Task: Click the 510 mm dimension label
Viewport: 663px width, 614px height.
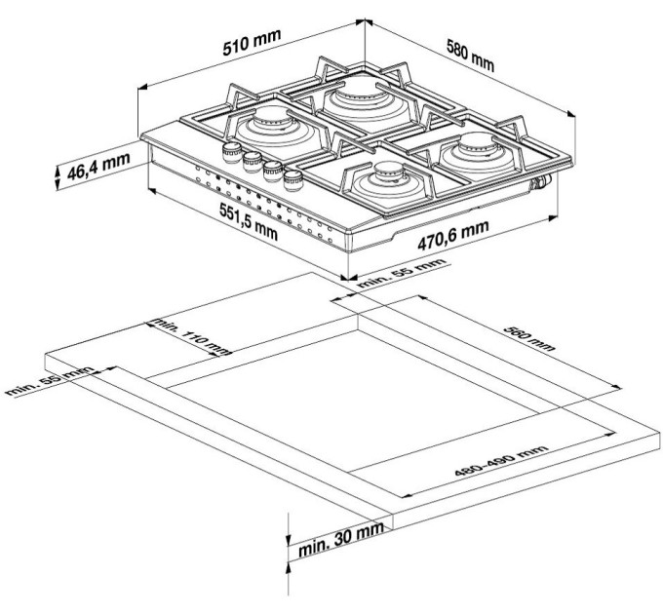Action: click(x=251, y=44)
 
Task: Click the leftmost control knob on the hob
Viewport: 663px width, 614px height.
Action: click(x=232, y=150)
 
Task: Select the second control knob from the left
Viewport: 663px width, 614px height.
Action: click(x=253, y=159)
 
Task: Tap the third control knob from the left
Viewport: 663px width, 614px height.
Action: click(x=272, y=169)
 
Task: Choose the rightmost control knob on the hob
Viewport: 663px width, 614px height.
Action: click(x=292, y=178)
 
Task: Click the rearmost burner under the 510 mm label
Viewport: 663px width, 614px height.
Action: click(x=355, y=99)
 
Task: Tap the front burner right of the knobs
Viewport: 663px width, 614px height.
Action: click(x=379, y=179)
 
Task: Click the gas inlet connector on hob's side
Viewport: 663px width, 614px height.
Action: click(x=537, y=181)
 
